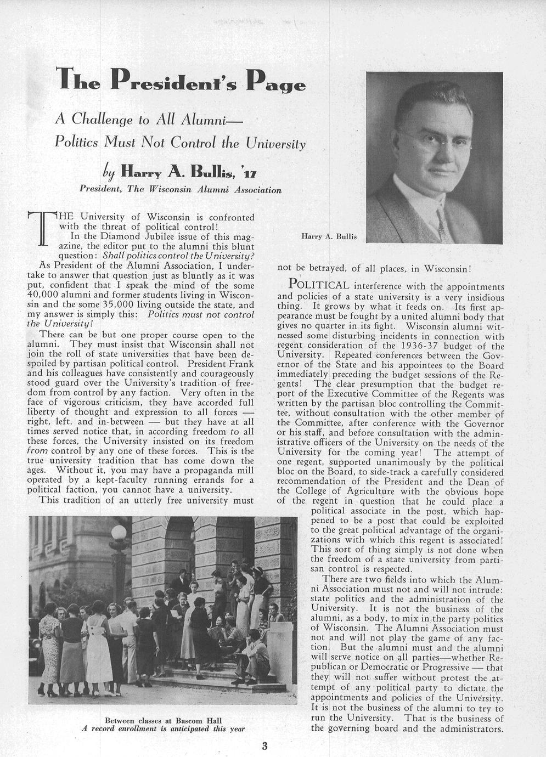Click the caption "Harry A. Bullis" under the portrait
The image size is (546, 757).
pos(329,236)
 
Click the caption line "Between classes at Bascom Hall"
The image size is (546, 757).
pos(162,720)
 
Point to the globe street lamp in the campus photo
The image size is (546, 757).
pos(119,532)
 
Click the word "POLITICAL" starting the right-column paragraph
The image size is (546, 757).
pos(319,285)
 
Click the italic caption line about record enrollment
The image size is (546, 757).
pos(162,729)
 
